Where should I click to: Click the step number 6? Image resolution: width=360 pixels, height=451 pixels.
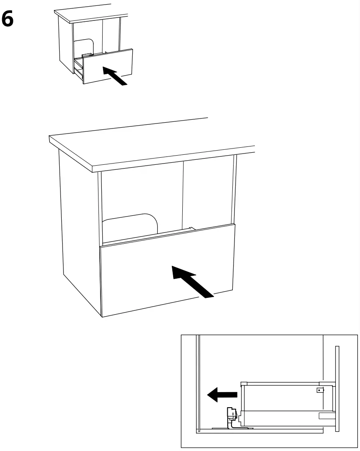click(x=8, y=19)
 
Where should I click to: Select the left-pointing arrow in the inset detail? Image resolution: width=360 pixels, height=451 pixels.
click(x=222, y=394)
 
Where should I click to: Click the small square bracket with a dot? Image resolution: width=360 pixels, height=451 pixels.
click(x=320, y=391)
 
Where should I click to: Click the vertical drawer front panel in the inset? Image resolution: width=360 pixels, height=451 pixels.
click(x=337, y=388)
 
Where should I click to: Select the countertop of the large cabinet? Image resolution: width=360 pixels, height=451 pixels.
click(x=150, y=144)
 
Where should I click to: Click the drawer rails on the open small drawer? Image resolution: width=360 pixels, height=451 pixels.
click(x=78, y=68)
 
